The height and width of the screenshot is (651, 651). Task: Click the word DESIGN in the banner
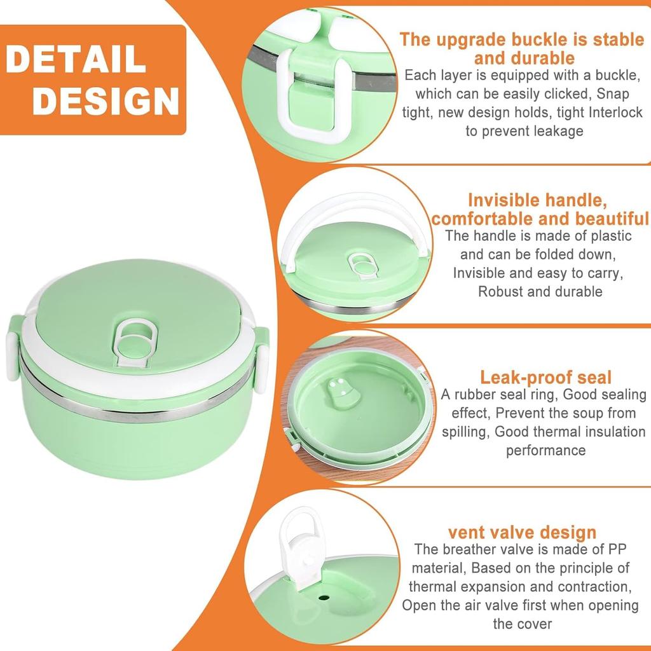tap(106, 100)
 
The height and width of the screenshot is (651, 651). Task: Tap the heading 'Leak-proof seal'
tap(545, 377)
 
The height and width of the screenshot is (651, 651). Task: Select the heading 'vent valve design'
tap(522, 531)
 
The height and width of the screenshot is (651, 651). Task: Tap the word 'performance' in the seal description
tap(545, 450)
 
